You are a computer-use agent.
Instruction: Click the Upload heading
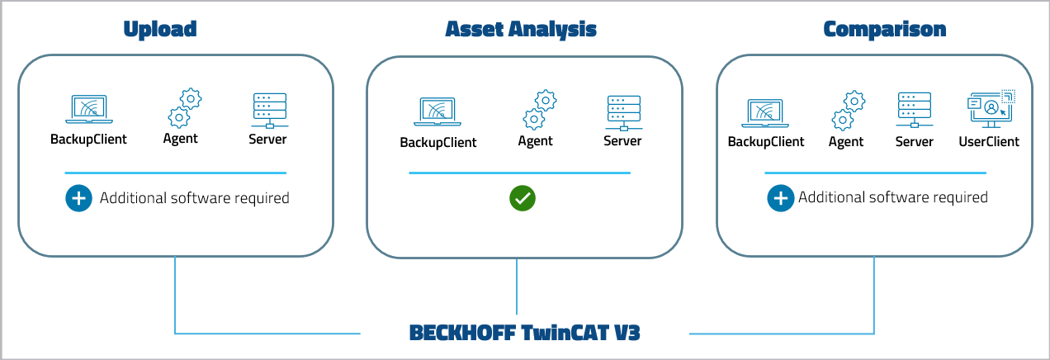(160, 30)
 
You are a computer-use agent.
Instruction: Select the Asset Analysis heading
(521, 30)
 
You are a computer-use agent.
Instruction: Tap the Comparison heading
(884, 30)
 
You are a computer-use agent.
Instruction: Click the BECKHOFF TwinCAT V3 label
(524, 334)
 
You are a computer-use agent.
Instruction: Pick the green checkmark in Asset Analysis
(522, 198)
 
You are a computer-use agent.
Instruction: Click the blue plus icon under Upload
(78, 198)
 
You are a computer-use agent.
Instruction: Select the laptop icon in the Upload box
(89, 109)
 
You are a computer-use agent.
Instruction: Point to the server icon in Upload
(268, 110)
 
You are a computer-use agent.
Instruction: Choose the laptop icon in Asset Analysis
(438, 112)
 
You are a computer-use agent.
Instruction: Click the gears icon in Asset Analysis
(539, 111)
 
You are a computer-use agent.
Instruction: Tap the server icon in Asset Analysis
(622, 112)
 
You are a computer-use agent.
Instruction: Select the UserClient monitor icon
(989, 110)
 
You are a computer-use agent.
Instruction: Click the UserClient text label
(989, 142)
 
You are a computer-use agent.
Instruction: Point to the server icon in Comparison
(914, 111)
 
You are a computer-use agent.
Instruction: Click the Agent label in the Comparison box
(846, 142)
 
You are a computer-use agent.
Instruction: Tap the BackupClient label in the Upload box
(89, 140)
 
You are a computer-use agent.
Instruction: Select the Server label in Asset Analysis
(622, 141)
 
